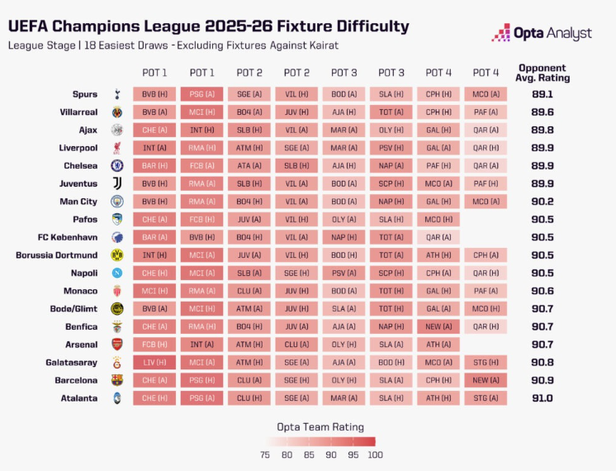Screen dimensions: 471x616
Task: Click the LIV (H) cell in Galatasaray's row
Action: pos(154,362)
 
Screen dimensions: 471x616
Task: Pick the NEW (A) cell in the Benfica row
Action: pos(439,326)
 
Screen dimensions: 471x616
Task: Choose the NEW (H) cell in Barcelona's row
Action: pos(486,380)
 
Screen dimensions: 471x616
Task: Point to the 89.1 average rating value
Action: pos(543,94)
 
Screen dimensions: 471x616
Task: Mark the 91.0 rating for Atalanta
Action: pos(543,398)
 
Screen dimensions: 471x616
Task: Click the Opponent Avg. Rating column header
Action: pos(543,73)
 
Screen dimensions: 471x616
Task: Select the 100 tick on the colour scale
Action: pos(376,454)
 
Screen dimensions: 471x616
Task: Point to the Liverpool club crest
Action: pos(116,148)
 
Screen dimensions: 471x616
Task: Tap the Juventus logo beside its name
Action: pos(116,183)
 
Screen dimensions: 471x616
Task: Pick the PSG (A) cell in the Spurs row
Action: pos(201,94)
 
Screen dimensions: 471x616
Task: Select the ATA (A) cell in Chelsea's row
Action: pos(249,165)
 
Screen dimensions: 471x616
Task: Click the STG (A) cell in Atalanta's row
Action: pos(486,398)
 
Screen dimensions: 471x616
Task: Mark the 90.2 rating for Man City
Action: pos(543,201)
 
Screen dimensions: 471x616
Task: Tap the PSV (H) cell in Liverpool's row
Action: pos(391,148)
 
